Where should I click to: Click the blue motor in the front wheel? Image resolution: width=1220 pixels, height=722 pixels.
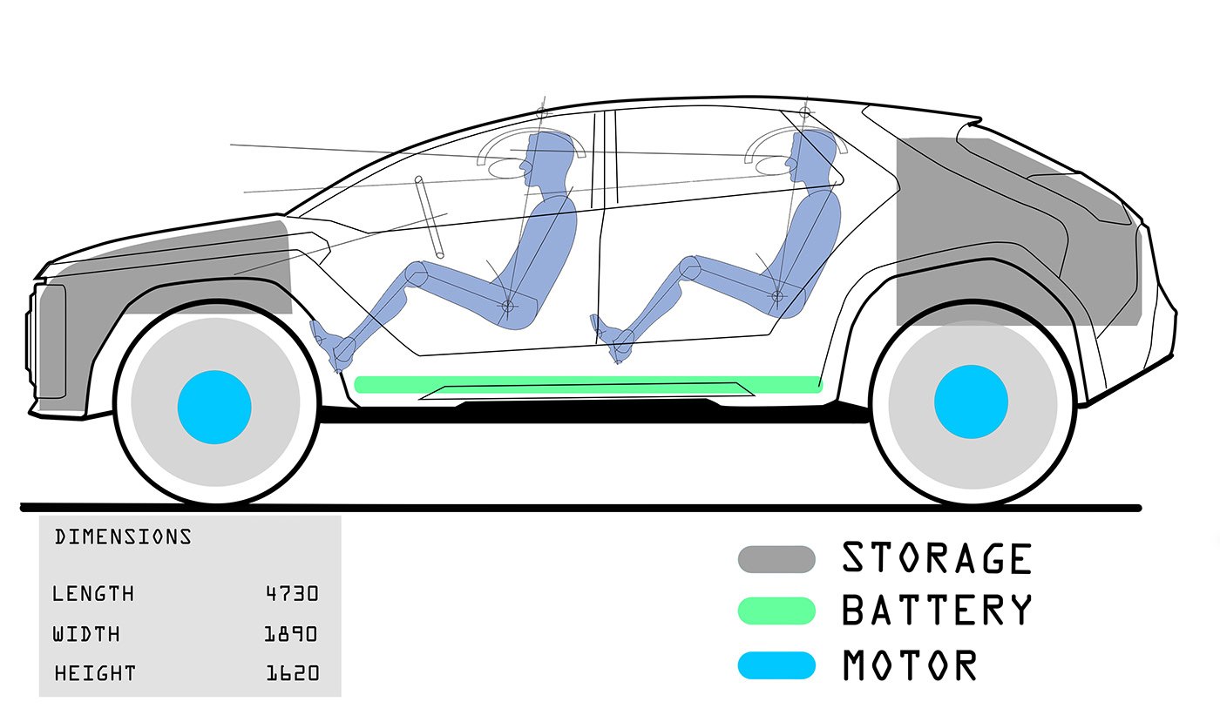click(x=214, y=407)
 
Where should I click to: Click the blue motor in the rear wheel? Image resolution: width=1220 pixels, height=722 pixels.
click(x=971, y=402)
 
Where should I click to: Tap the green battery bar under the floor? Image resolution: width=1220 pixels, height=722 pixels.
click(x=588, y=384)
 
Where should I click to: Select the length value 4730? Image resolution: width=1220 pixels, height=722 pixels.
click(x=292, y=594)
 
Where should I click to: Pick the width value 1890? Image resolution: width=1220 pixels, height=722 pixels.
click(x=291, y=634)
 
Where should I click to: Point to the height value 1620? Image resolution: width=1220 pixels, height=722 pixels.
click(x=292, y=673)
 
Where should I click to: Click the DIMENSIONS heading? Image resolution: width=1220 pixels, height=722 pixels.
click(x=123, y=536)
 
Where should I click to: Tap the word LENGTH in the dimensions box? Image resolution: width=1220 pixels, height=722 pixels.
click(x=93, y=594)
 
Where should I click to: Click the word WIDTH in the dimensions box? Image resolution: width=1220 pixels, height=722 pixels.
click(x=86, y=634)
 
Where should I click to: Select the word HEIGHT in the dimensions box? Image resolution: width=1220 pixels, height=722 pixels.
click(x=95, y=673)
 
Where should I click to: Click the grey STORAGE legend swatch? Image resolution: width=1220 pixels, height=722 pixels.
click(x=776, y=559)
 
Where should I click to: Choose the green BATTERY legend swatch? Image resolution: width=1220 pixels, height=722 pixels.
click(x=776, y=611)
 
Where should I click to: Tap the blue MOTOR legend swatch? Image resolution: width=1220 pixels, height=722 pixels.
click(x=776, y=665)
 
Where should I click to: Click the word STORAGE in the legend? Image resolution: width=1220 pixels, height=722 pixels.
click(x=937, y=558)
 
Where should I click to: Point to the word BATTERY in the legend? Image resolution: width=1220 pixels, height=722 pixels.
click(x=937, y=611)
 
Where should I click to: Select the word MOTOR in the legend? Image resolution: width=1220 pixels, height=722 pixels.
click(x=910, y=665)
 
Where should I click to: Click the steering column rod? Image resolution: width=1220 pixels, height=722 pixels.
click(x=429, y=218)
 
